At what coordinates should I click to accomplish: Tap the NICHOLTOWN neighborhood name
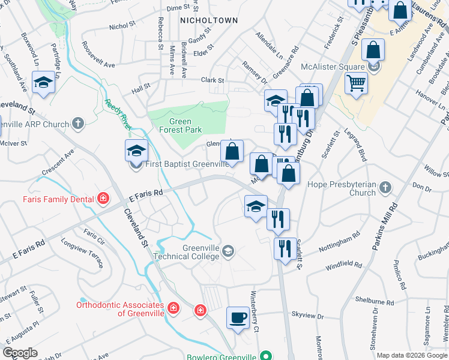coord(209,20)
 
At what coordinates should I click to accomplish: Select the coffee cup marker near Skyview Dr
coord(238,317)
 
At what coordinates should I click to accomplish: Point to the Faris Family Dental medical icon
coord(103,199)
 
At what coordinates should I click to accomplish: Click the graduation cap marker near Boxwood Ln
coord(44,83)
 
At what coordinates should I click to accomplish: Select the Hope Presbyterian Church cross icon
coord(385,188)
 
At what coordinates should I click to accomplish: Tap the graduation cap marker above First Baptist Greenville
coord(136,150)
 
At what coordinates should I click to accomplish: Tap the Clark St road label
coord(212,80)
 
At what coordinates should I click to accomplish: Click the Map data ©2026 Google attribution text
coord(412,355)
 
